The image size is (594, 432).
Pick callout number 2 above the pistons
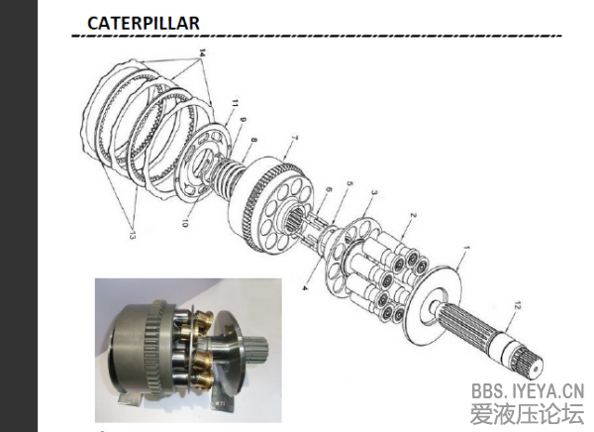[413, 215]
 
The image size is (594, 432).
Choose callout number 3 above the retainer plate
[374, 192]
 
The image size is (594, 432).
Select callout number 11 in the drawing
[235, 103]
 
